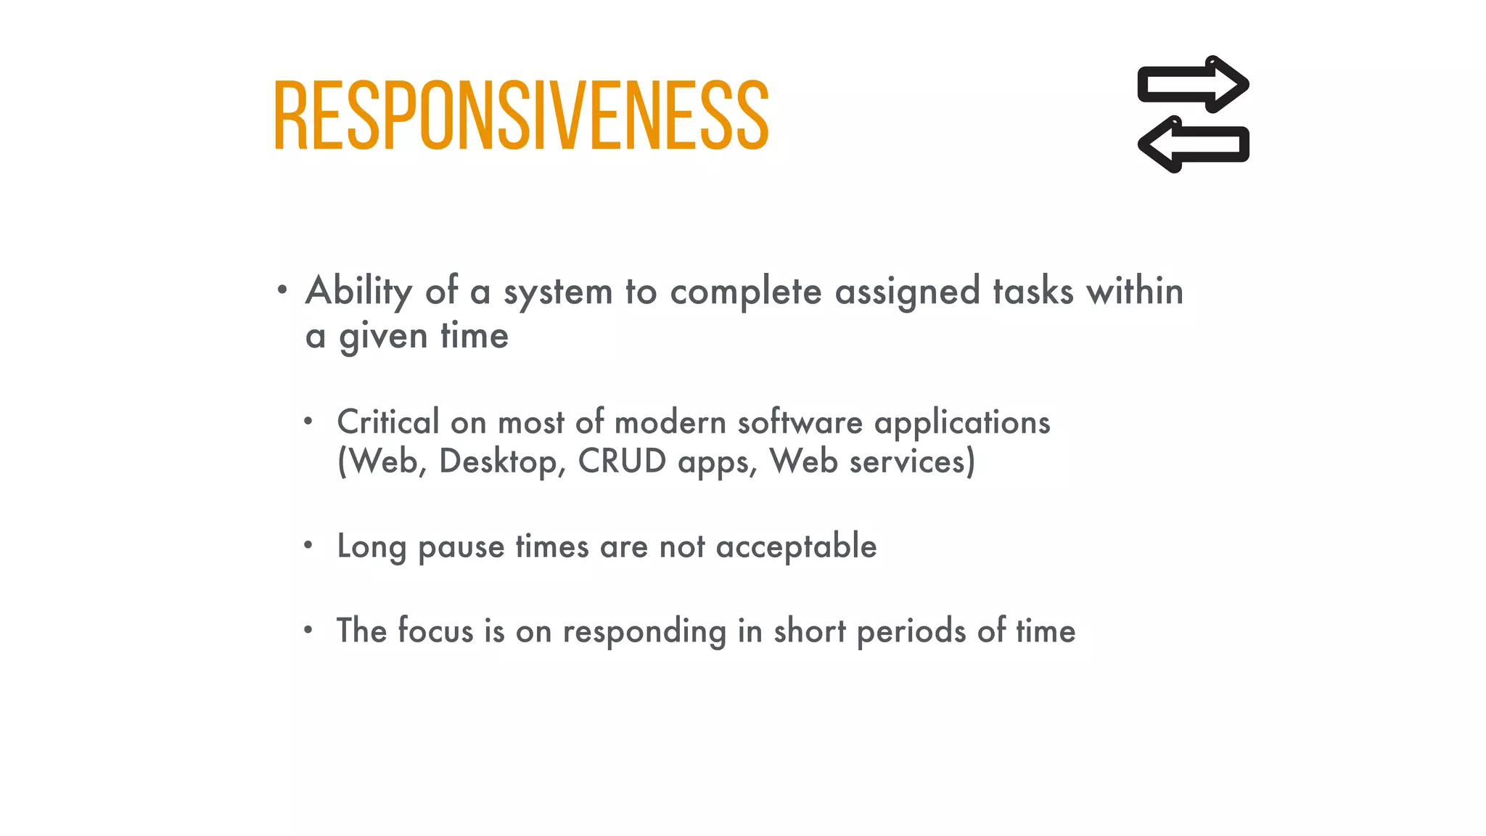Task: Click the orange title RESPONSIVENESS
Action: tap(521, 115)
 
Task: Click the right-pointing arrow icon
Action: tap(1193, 84)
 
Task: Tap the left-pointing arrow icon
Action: tap(1193, 144)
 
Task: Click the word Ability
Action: tap(359, 292)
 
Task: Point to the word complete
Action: tap(746, 292)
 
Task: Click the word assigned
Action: tap(908, 292)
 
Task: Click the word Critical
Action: tap(388, 422)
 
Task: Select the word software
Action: tap(800, 422)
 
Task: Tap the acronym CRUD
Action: tap(622, 462)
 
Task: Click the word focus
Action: tap(435, 631)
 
